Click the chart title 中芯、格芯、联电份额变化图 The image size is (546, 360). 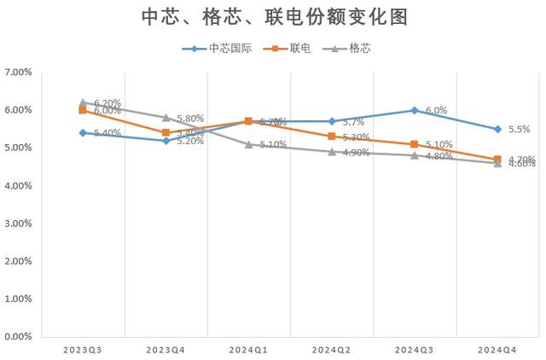(x=273, y=17)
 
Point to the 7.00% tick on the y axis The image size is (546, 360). (x=18, y=73)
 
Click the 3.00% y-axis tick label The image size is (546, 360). (x=18, y=224)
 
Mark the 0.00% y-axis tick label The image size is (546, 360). (x=18, y=337)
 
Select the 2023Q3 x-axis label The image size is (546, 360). (x=83, y=350)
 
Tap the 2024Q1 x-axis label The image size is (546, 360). (x=248, y=350)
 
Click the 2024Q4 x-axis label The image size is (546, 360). (x=497, y=350)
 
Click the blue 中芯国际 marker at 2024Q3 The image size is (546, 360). (x=415, y=110)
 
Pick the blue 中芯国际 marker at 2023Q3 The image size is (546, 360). (x=83, y=132)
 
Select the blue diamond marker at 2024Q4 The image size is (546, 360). (x=497, y=129)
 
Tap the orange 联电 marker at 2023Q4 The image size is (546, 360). (x=166, y=132)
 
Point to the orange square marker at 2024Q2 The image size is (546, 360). (x=332, y=136)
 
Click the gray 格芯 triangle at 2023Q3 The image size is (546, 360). (x=83, y=102)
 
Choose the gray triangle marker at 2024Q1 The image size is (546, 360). (x=248, y=144)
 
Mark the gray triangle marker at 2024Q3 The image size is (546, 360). (x=415, y=155)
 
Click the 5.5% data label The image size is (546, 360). (x=519, y=130)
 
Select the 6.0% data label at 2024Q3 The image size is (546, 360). (x=436, y=111)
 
